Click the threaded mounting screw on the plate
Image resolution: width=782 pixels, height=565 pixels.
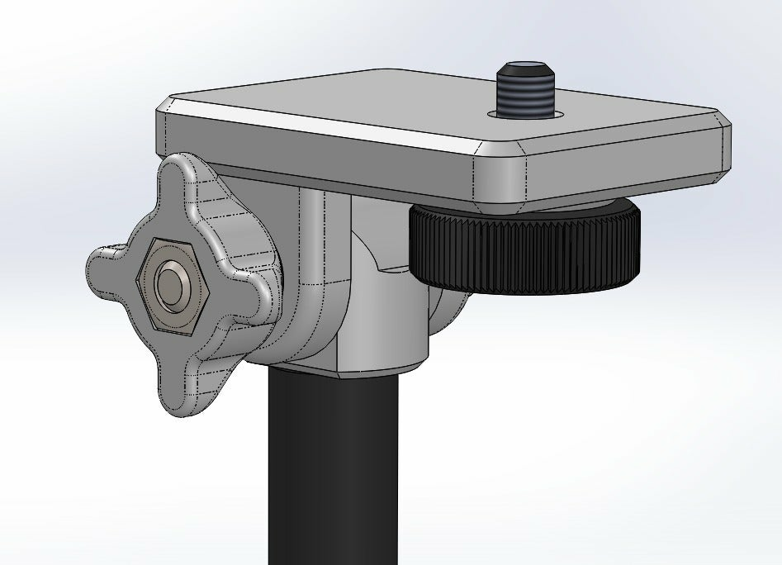pyautogui.click(x=524, y=93)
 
